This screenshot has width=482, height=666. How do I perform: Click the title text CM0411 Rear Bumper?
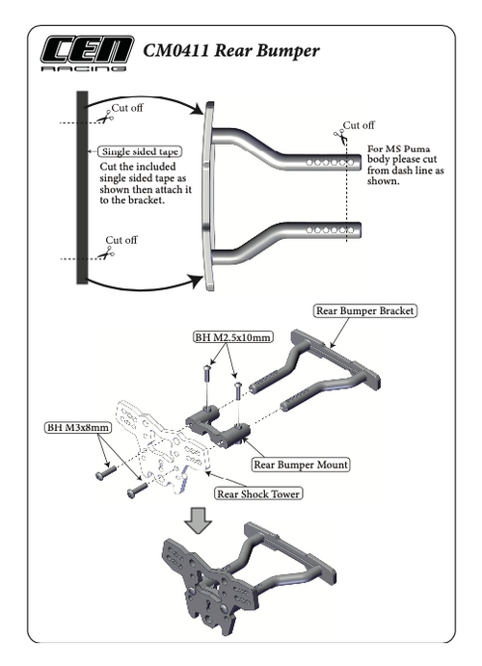tap(230, 50)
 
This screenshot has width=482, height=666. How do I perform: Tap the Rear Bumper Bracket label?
tap(365, 311)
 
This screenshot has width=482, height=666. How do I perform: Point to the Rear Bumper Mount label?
tap(300, 464)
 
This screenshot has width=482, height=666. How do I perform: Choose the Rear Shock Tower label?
tap(255, 494)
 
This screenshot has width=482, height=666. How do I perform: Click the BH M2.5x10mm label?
tap(230, 337)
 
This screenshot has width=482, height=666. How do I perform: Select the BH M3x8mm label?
tap(78, 426)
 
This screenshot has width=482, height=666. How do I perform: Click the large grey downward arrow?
tap(199, 520)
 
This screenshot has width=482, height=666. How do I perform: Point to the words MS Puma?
tap(400, 149)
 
